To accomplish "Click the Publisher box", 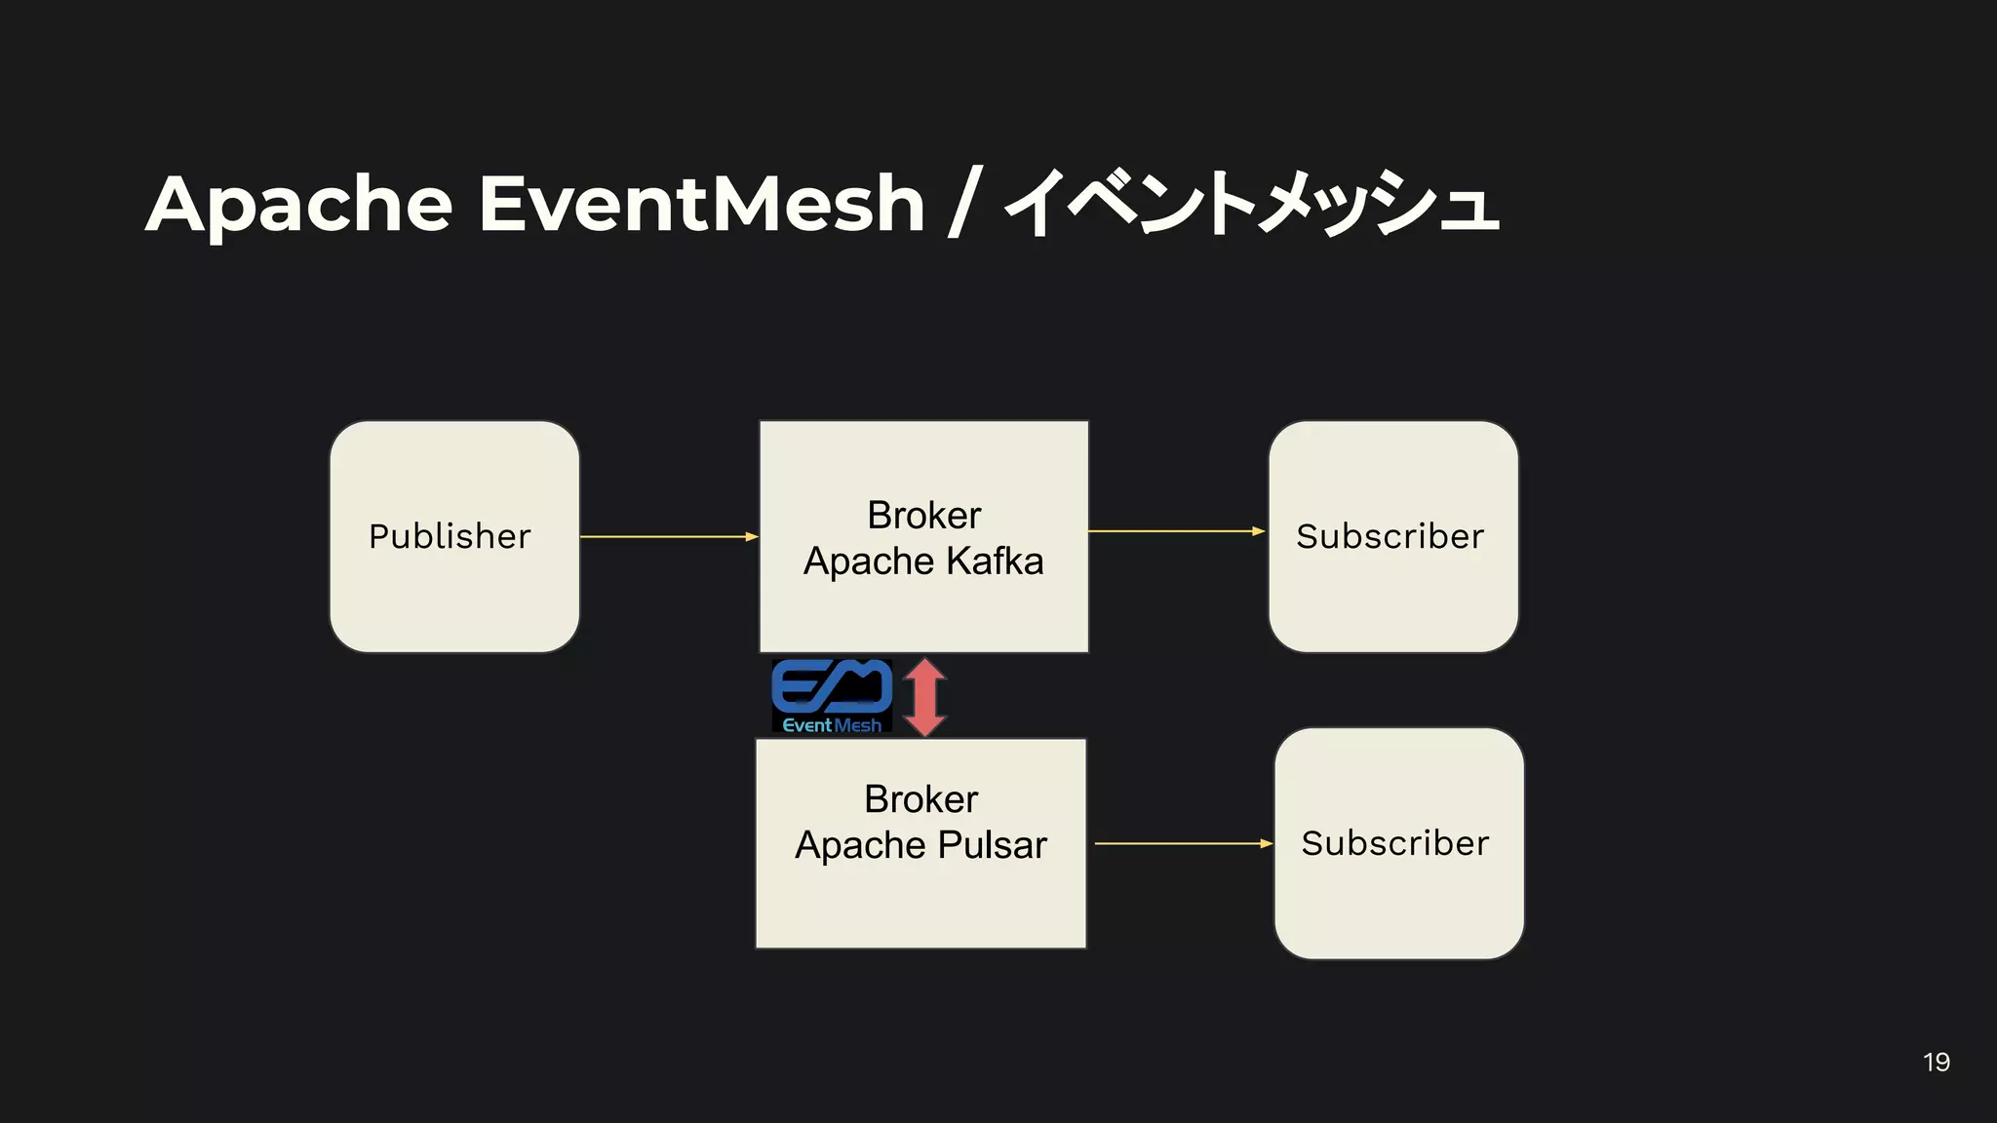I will coord(454,536).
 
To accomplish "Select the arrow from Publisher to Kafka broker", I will coord(669,536).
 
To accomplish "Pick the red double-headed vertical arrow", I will coord(924,696).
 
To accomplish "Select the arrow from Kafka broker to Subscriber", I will coord(1176,531).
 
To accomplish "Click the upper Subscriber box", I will coord(1392,536).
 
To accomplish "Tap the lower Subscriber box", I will coord(1398,843).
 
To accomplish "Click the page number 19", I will coord(1937,1062).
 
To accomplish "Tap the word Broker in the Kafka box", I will coord(923,515).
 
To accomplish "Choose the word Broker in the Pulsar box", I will coord(920,799).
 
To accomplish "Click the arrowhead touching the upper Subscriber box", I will coord(1259,531).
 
